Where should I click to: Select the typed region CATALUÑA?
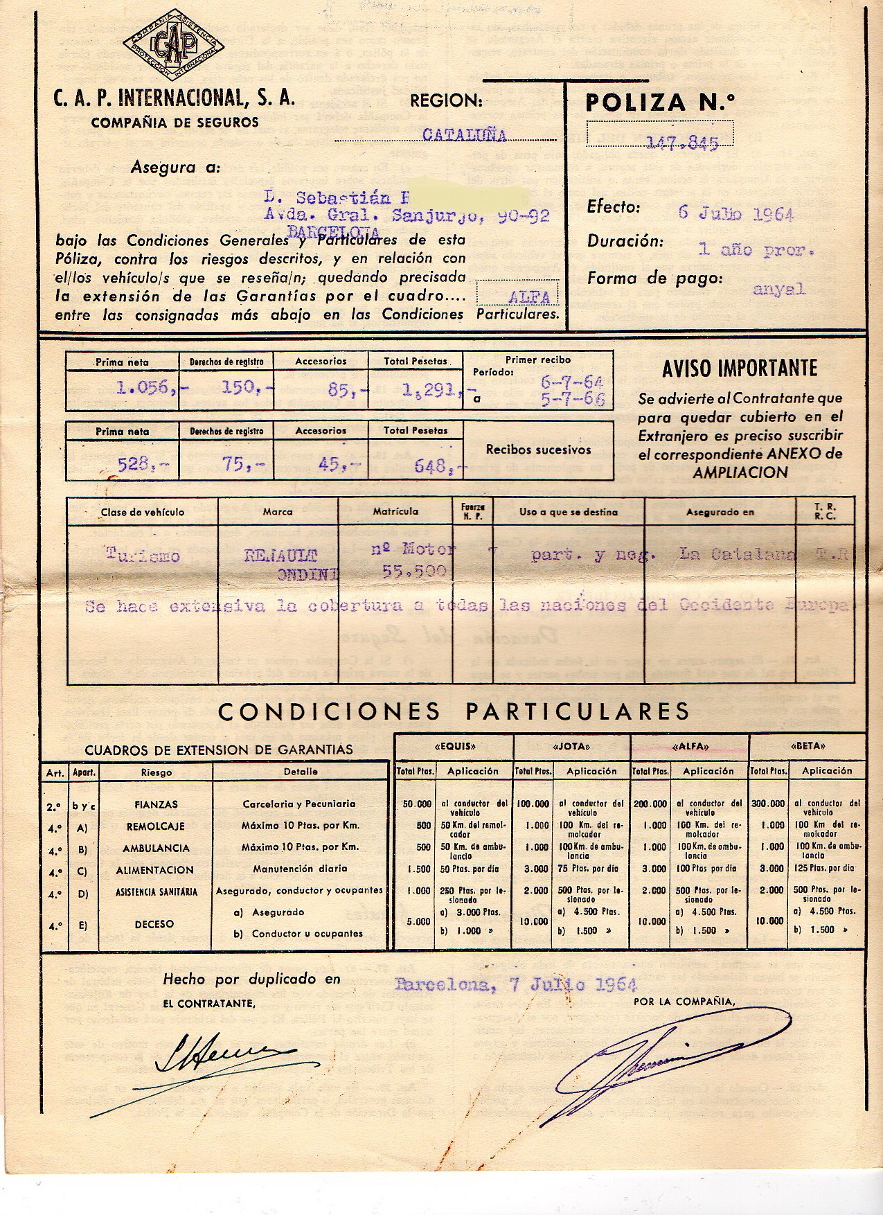(464, 135)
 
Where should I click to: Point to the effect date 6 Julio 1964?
(735, 213)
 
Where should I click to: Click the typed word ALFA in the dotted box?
(529, 297)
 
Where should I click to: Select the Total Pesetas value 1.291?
(430, 390)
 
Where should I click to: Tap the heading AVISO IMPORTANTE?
(739, 369)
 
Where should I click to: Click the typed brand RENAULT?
(280, 555)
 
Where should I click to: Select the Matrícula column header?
(395, 511)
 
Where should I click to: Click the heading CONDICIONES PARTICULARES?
(454, 711)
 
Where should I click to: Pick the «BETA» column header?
(807, 747)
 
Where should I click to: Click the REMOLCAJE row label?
(155, 826)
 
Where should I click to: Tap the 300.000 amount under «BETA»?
(768, 804)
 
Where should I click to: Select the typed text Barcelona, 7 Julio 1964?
(515, 984)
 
